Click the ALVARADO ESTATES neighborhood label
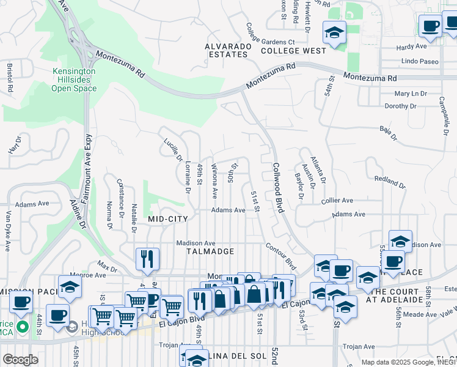click(228, 50)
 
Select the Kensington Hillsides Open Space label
click(74, 80)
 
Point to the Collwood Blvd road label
click(279, 187)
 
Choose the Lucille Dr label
click(173, 150)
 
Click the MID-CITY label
click(167, 218)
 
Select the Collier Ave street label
click(337, 200)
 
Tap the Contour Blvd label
click(280, 256)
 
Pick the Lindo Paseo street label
click(420, 61)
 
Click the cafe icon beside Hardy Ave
click(430, 26)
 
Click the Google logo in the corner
click(20, 360)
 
